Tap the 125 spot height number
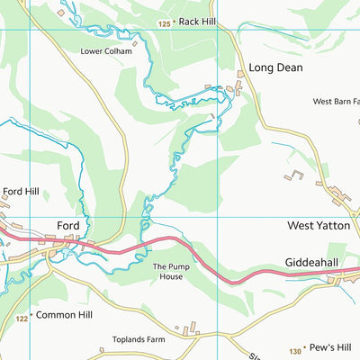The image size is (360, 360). pyautogui.click(x=164, y=23)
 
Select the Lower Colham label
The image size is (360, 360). pyautogui.click(x=105, y=51)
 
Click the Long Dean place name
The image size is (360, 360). pyautogui.click(x=275, y=67)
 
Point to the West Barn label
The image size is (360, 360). pyautogui.click(x=335, y=102)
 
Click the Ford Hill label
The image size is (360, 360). pyautogui.click(x=21, y=191)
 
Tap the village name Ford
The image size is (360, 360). pyautogui.click(x=68, y=225)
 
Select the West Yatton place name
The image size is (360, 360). pyautogui.click(x=318, y=226)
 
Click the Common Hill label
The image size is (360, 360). pyautogui.click(x=64, y=316)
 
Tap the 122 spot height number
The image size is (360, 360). pyautogui.click(x=22, y=319)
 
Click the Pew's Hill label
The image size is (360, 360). pyautogui.click(x=328, y=346)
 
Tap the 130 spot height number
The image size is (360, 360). pyautogui.click(x=295, y=351)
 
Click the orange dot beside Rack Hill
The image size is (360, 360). pyautogui.click(x=175, y=22)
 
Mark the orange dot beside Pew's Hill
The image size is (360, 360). pyautogui.click(x=306, y=346)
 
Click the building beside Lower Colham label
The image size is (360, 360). pyautogui.click(x=135, y=42)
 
